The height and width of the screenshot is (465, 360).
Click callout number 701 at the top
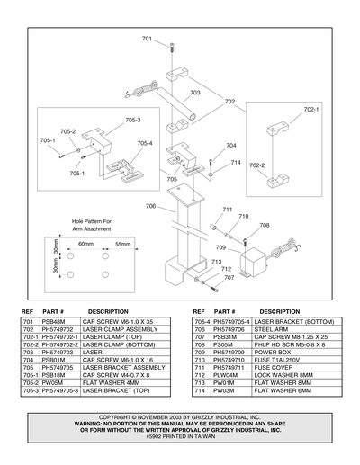click(148, 39)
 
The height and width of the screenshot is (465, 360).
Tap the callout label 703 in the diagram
click(195, 93)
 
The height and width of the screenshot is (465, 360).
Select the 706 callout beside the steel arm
click(150, 206)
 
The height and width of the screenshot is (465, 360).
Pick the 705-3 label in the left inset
click(132, 120)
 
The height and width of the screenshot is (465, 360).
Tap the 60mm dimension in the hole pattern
click(85, 245)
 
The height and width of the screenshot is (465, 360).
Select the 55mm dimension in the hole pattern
click(121, 245)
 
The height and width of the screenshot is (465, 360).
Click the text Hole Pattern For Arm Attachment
click(92, 225)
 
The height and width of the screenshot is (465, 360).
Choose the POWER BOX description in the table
click(274, 350)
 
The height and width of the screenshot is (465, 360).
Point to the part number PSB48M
click(51, 320)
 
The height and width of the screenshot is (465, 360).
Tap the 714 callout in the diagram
click(236, 163)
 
